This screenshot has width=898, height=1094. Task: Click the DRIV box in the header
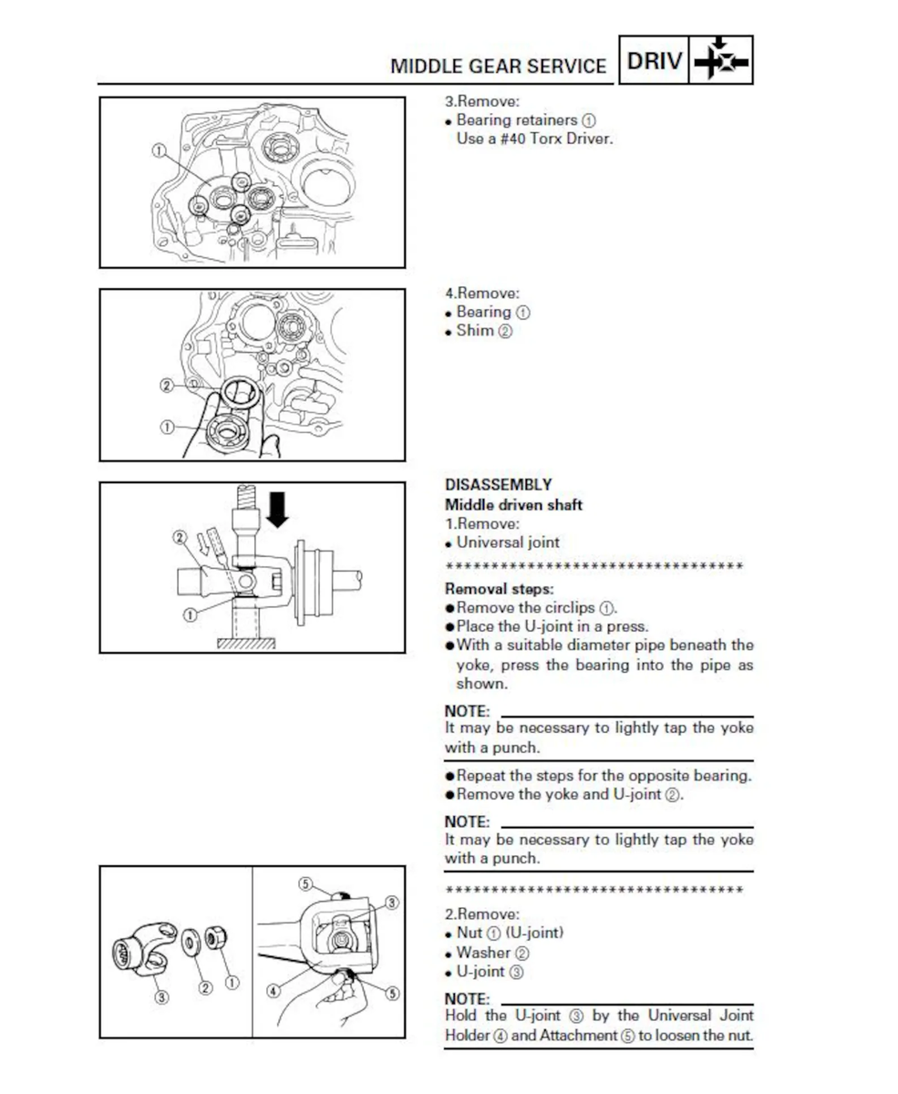point(654,60)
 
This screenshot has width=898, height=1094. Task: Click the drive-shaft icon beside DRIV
point(721,60)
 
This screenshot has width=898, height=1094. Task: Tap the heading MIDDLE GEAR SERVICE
point(498,67)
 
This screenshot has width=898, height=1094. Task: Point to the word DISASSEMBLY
point(498,484)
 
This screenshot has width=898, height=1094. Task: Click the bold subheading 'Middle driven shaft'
point(513,505)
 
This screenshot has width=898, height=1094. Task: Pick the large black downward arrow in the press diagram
point(278,510)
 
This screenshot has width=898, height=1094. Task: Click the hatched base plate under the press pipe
point(246,644)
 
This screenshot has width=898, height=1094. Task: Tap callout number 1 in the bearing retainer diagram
point(159,151)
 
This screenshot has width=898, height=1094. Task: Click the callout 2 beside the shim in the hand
point(167,386)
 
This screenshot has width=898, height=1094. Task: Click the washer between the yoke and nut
point(191,943)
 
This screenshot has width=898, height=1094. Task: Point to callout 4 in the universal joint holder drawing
point(274,991)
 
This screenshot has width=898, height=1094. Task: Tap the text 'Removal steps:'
point(499,589)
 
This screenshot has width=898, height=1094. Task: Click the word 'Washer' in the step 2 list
point(483,953)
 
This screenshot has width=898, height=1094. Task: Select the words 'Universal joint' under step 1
point(508,542)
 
